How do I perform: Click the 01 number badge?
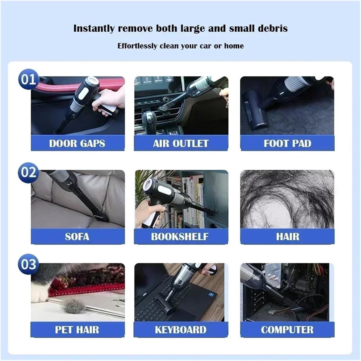coord(29,79)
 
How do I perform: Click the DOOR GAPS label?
coord(77,143)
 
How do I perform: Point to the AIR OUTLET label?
coord(181,143)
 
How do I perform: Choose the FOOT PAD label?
coord(288,143)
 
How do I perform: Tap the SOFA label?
coord(77,237)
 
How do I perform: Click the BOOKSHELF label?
coord(180,237)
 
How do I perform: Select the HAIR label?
coord(288,237)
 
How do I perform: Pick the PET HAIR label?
coord(77,330)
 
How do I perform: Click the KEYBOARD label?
coord(180,330)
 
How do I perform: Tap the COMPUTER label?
coord(287,330)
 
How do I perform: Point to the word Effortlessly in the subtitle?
coord(137,46)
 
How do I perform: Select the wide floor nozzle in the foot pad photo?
coord(256,110)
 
